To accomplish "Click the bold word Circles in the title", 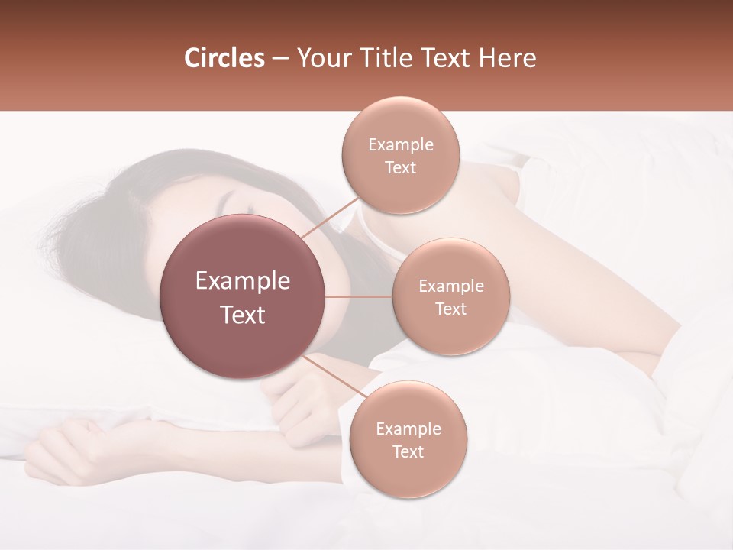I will [224, 58].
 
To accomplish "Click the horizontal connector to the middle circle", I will [359, 296].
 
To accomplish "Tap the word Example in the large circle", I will [243, 281].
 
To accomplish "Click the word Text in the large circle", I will [243, 315].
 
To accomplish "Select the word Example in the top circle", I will [400, 145].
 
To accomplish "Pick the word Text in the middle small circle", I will [450, 309].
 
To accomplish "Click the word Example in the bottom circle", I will [408, 429].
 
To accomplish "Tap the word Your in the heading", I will [321, 58].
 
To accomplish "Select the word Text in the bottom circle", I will [408, 452].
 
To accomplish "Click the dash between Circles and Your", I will [280, 59].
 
